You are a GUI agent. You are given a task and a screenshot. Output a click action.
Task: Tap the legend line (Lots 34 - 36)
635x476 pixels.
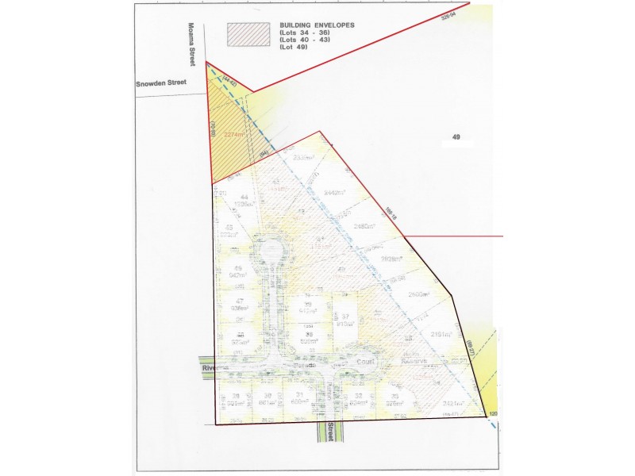[x=307, y=33]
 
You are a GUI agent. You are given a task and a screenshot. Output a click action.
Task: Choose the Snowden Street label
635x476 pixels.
[x=159, y=81]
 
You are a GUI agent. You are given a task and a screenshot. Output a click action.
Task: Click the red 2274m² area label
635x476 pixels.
[x=234, y=135]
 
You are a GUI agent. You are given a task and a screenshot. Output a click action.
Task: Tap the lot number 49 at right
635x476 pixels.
[x=456, y=137]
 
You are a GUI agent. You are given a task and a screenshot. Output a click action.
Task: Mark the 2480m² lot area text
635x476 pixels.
[x=366, y=225]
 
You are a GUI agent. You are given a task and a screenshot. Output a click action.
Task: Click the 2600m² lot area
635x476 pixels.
[x=419, y=294]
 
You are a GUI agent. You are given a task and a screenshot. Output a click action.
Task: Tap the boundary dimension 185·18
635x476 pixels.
[x=390, y=212]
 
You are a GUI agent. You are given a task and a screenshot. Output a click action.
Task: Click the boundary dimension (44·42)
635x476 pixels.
[x=230, y=81]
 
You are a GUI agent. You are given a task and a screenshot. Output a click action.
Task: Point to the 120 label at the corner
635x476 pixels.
[x=493, y=414]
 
